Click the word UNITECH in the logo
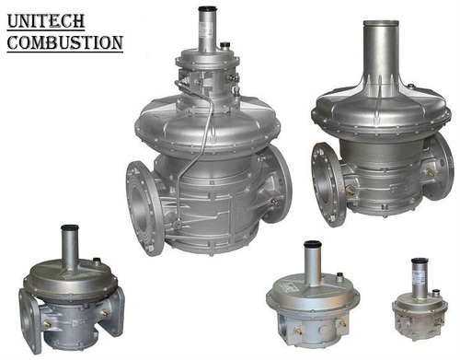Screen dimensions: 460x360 46,21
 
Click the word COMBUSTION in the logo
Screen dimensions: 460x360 65,42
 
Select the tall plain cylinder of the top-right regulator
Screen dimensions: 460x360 381,52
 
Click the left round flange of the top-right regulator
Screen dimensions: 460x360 325,184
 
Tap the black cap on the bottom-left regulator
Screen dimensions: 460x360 70,228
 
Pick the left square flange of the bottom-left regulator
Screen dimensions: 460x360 29,320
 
